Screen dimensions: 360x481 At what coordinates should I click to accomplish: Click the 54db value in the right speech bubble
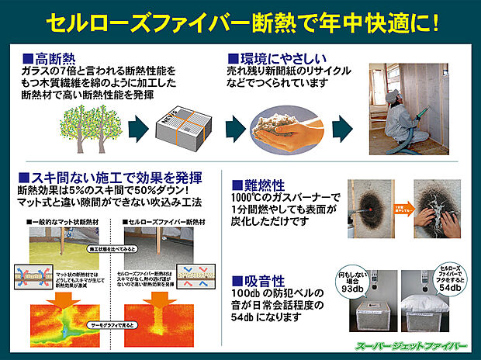pos(450,288)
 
